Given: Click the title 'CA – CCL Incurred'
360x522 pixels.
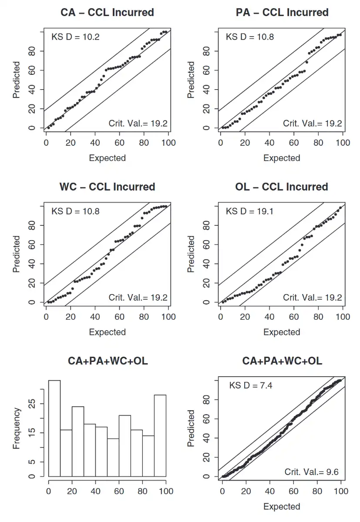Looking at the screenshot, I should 107,12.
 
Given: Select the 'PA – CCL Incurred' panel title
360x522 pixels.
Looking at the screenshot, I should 282,12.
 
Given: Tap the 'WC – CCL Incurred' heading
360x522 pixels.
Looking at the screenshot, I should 107,187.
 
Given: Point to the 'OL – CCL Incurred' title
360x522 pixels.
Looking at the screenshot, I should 282,187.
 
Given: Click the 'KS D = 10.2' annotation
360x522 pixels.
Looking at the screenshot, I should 75,37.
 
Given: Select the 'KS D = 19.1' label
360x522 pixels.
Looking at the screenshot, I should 249,211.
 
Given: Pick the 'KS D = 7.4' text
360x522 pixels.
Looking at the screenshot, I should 251,385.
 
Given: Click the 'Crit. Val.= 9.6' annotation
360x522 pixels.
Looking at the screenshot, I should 312,472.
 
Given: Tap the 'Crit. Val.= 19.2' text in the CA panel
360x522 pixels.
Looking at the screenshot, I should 138,124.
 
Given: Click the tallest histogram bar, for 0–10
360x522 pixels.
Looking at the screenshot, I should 54,428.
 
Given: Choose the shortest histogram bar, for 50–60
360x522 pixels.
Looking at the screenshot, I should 113,458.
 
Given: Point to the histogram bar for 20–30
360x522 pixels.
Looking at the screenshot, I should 78,441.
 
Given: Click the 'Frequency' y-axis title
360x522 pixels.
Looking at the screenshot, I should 17,428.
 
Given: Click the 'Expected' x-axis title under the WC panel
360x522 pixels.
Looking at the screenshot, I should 107,332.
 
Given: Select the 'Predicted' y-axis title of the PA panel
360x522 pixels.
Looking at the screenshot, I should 191,80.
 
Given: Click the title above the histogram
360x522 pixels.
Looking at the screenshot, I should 108,361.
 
